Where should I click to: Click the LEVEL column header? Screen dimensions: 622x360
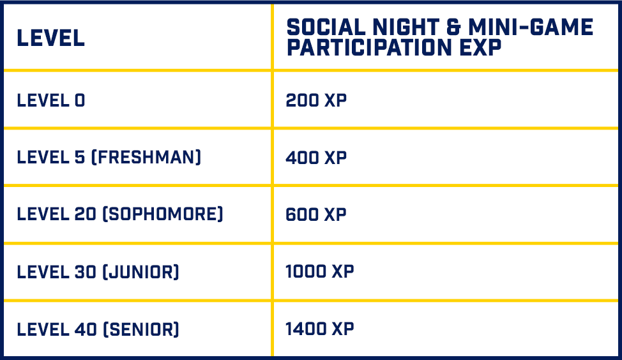click(51, 38)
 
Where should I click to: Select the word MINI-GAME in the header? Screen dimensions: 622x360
click(531, 27)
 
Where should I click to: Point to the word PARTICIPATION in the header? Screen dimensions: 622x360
click(369, 48)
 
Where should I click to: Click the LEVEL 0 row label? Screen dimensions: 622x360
click(51, 100)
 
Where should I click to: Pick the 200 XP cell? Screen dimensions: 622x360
click(316, 100)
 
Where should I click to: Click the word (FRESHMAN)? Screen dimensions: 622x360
click(146, 158)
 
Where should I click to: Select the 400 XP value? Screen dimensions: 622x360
click(316, 158)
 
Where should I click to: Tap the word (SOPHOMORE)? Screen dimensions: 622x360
click(163, 214)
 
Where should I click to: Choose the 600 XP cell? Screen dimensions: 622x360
click(316, 214)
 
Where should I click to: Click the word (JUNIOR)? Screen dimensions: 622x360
click(141, 272)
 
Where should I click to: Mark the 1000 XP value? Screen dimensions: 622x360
click(320, 271)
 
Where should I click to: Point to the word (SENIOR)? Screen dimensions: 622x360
click(141, 329)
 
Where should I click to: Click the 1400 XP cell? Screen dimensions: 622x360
click(320, 329)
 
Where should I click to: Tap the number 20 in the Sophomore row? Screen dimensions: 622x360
click(86, 214)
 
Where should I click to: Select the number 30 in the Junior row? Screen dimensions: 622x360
click(86, 272)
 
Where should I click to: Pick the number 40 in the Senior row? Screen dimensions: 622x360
click(86, 329)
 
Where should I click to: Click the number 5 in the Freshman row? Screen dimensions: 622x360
click(80, 158)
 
